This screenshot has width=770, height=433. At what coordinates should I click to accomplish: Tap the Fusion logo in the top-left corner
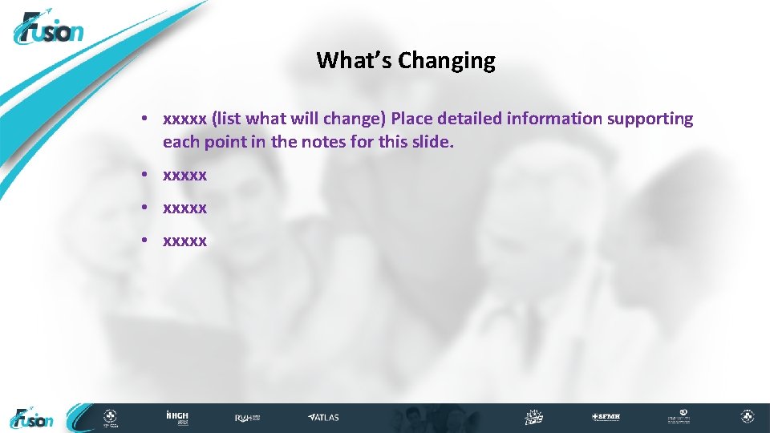point(48,30)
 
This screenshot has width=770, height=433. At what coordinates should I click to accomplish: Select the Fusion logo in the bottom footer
point(32,418)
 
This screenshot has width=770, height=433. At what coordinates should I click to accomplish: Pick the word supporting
point(650,119)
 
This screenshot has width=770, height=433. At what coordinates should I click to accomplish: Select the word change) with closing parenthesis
point(360,119)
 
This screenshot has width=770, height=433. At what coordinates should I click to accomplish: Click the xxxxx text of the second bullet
point(184,174)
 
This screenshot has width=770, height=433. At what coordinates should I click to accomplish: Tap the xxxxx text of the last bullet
point(184,241)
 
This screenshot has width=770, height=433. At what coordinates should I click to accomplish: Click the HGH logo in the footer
point(176,417)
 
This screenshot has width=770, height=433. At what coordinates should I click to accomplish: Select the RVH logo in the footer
point(246,418)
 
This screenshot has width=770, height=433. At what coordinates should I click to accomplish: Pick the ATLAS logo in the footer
point(324,418)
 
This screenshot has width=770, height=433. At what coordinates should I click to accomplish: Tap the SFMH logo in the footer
point(606,418)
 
